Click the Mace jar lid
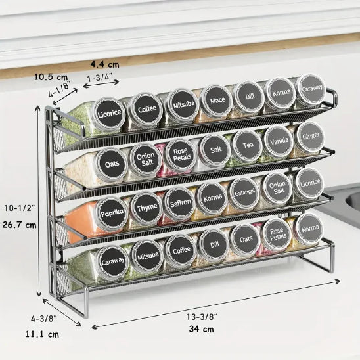tap(216, 100)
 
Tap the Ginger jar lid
tap(311, 137)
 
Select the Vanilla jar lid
tap(279, 141)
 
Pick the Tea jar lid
tap(247, 145)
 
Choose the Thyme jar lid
tap(146, 208)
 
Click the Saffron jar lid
tap(180, 203)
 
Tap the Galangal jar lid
tap(244, 193)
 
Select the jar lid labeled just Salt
tap(215, 150)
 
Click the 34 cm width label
tap(202, 329)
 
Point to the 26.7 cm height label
tap(20, 225)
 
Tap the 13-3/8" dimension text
tap(202, 317)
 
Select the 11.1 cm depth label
tap(42, 334)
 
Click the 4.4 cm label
tap(104, 64)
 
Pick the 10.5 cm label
tap(51, 77)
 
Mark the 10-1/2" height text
tap(20, 208)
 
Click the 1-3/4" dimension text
tap(100, 78)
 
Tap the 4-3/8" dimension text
tap(44, 319)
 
